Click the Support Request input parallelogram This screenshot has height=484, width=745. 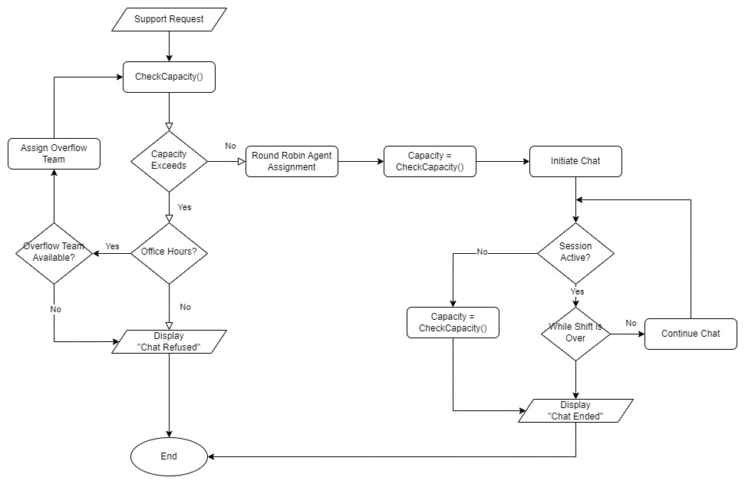pyautogui.click(x=169, y=19)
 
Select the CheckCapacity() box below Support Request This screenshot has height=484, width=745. pyautogui.click(x=169, y=77)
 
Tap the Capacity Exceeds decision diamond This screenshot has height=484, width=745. pyautogui.click(x=169, y=160)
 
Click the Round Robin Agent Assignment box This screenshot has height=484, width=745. pyautogui.click(x=292, y=161)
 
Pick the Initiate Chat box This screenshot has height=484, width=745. pyautogui.click(x=575, y=161)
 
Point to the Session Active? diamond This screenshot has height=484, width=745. pyautogui.click(x=575, y=252)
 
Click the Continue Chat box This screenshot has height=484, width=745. pyautogui.click(x=691, y=334)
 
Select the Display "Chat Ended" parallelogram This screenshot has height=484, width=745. pyautogui.click(x=575, y=410)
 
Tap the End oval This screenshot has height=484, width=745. pyautogui.click(x=169, y=456)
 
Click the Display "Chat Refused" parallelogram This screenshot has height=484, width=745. pyautogui.click(x=169, y=341)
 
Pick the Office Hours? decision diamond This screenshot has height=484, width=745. pyautogui.click(x=169, y=252)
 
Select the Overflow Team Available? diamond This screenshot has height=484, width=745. pyautogui.click(x=54, y=252)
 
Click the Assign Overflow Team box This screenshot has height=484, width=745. pyautogui.click(x=54, y=153)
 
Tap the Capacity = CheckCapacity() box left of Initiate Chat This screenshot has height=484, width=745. pyautogui.click(x=430, y=161)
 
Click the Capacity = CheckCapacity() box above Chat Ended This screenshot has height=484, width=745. pyautogui.click(x=453, y=322)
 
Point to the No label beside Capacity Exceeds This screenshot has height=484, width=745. pyautogui.click(x=230, y=146)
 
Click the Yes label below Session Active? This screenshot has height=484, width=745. pyautogui.click(x=577, y=291)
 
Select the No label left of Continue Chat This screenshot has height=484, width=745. pyautogui.click(x=631, y=323)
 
